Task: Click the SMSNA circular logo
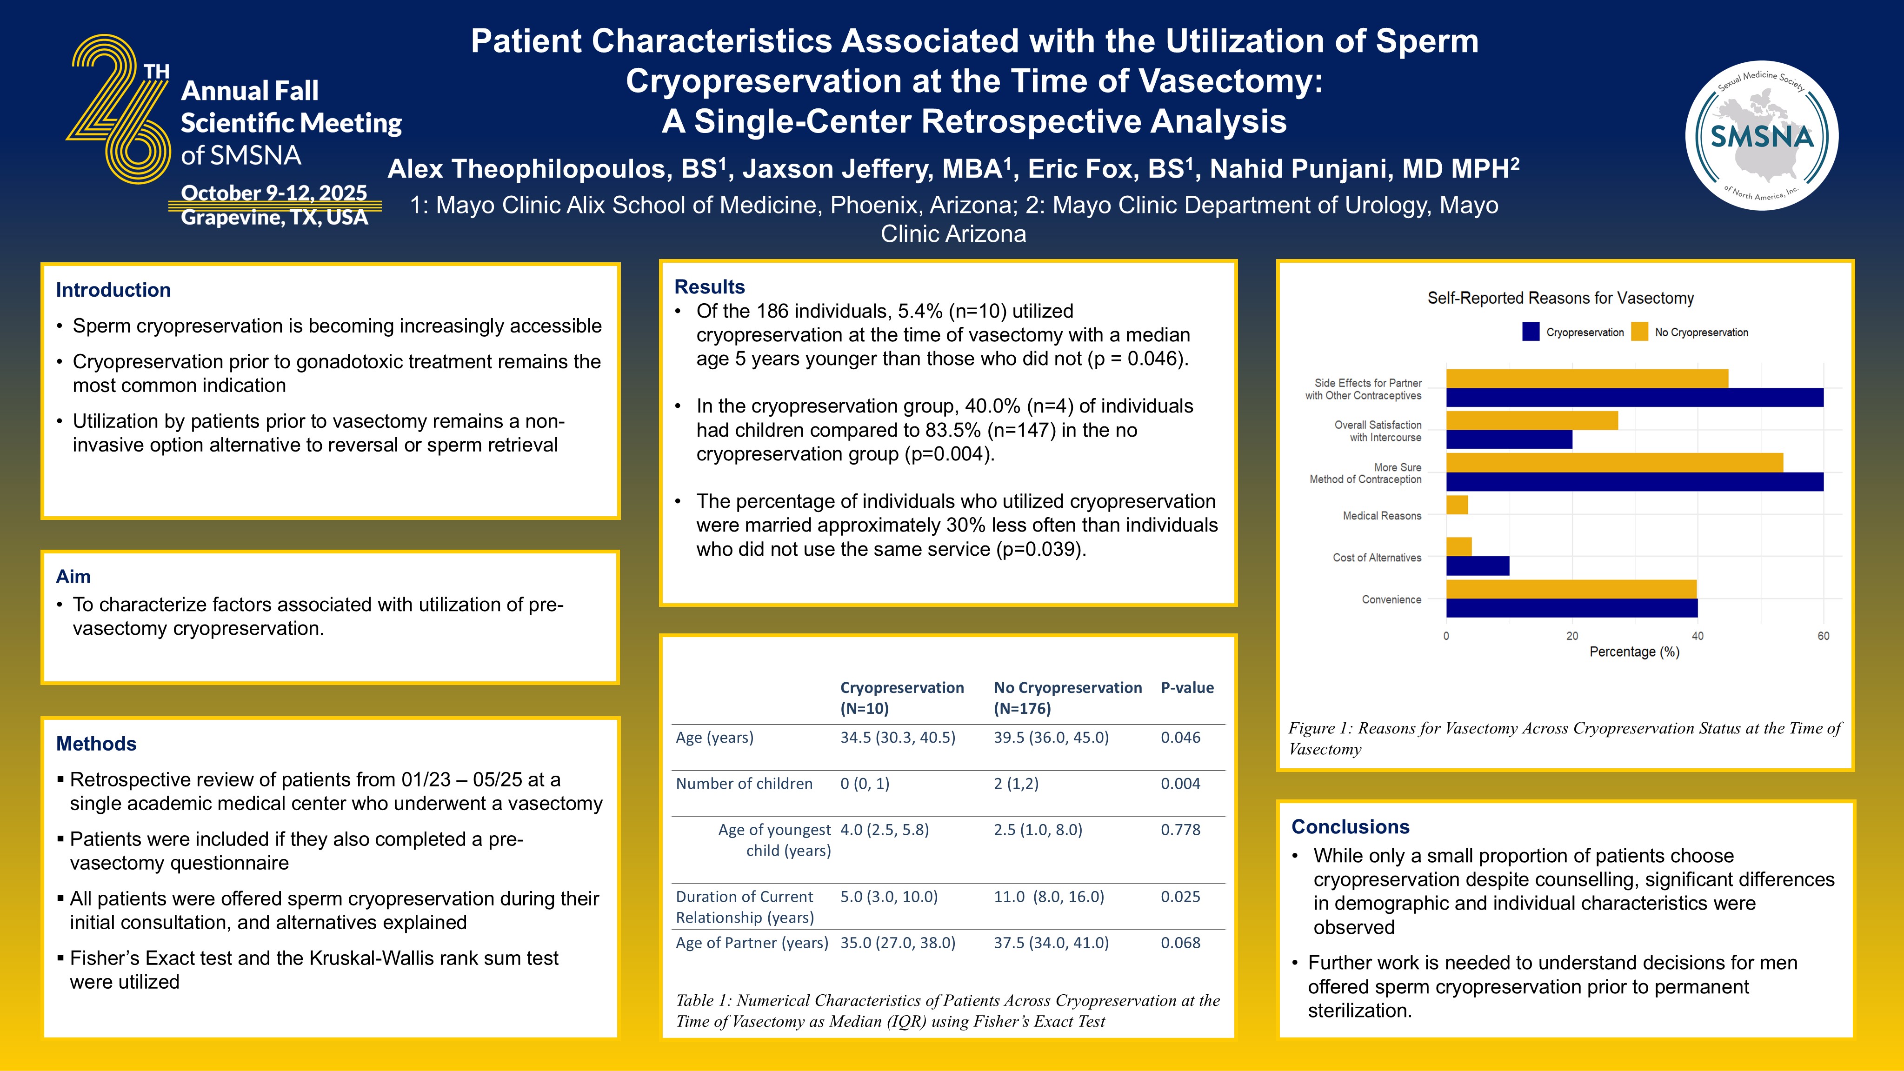pyautogui.click(x=1762, y=136)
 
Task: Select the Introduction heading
pyautogui.click(x=113, y=290)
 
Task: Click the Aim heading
pyautogui.click(x=73, y=577)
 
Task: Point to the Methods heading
pyautogui.click(x=96, y=744)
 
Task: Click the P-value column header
pyautogui.click(x=1187, y=687)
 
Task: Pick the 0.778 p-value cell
pyautogui.click(x=1180, y=829)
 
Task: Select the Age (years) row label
pyautogui.click(x=714, y=738)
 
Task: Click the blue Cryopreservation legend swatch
pyautogui.click(x=1531, y=332)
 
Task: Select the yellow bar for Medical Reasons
pyautogui.click(x=1457, y=505)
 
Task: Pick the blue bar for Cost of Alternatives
pyautogui.click(x=1478, y=566)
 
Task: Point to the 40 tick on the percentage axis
pyautogui.click(x=1698, y=636)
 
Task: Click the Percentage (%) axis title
pyautogui.click(x=1634, y=652)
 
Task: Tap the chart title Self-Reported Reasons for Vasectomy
pyautogui.click(x=1560, y=298)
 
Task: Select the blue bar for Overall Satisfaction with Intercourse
pyautogui.click(x=1509, y=440)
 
